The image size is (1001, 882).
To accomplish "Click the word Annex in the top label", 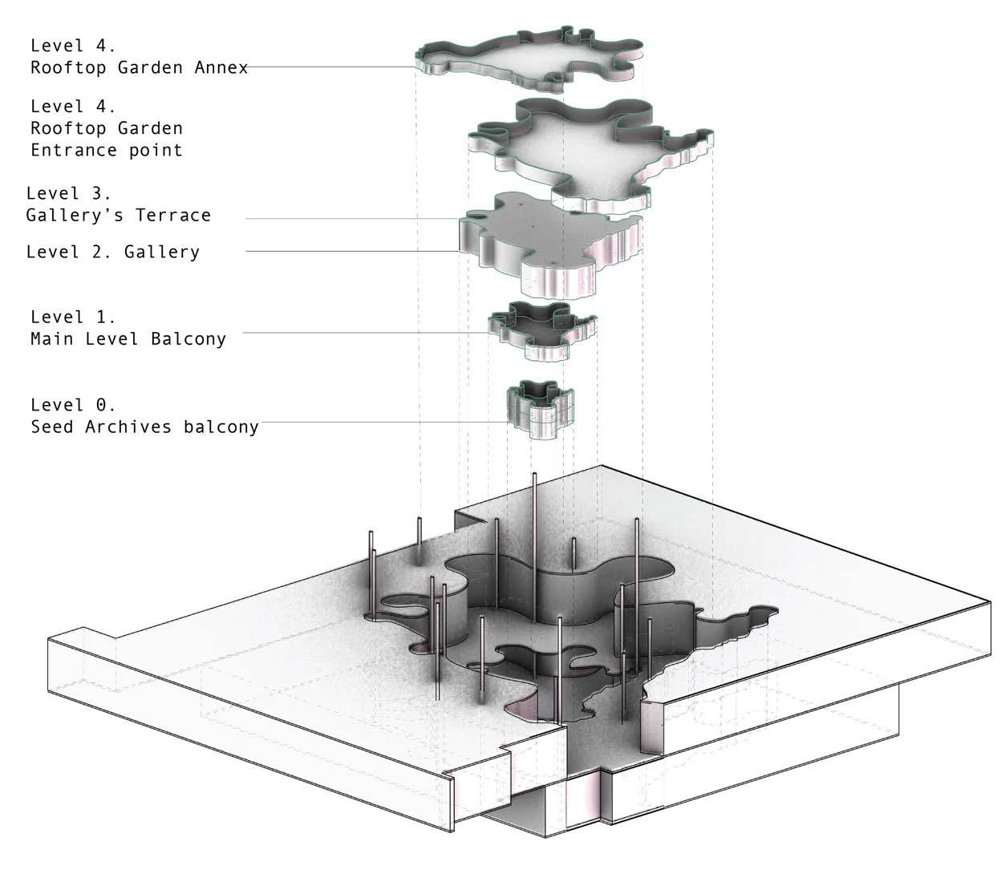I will tap(221, 67).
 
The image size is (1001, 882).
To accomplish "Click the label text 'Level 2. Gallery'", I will tap(112, 252).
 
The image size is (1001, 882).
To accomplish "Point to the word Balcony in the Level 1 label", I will tap(188, 338).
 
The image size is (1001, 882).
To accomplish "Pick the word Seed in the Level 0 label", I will tap(52, 426).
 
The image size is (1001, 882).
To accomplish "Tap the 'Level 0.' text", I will tap(73, 404).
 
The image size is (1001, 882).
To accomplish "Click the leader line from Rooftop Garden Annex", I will tap(329, 67).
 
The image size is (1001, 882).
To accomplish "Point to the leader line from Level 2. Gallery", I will tap(353, 252).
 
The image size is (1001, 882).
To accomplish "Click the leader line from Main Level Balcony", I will tap(361, 333).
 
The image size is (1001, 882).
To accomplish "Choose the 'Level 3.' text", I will tap(68, 193).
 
